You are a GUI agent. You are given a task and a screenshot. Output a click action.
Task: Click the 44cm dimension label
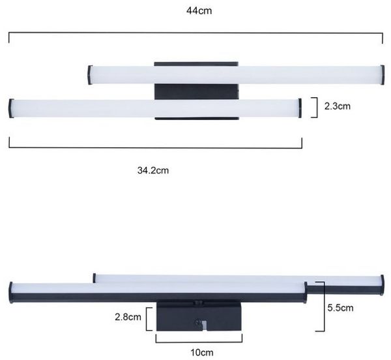(x=199, y=10)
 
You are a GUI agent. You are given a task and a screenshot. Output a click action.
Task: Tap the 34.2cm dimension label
(x=153, y=170)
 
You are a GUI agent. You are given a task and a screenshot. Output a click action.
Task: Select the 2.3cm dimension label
(x=337, y=106)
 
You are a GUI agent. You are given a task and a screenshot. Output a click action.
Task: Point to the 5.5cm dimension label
(x=340, y=308)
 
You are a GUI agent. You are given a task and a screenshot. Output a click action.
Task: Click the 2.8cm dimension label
(x=128, y=317)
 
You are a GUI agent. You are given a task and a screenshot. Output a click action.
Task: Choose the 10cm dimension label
(x=202, y=353)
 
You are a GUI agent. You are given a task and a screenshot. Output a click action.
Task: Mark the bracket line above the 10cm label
(x=199, y=342)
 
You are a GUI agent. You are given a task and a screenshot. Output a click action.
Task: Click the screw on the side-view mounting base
(x=199, y=322)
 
